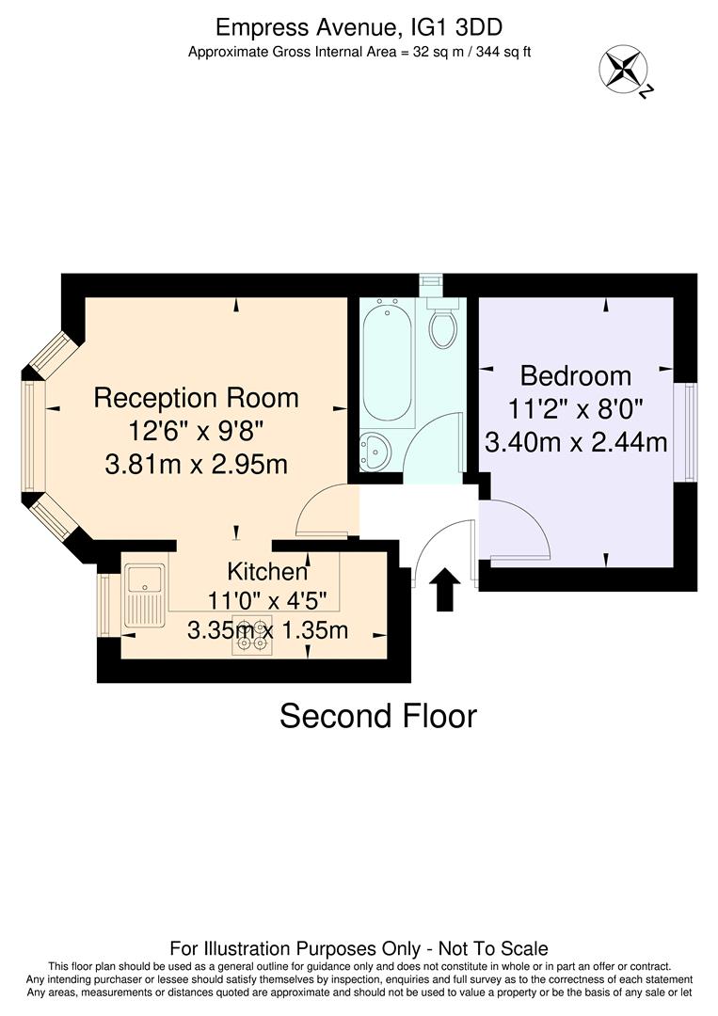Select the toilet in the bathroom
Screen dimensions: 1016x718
[442, 325]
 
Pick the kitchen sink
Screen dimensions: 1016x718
[145, 595]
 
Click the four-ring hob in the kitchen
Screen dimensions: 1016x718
[252, 637]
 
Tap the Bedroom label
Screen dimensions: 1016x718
[576, 376]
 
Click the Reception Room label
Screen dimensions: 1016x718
[196, 398]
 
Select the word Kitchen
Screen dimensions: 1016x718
[267, 571]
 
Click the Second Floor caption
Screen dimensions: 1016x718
[378, 717]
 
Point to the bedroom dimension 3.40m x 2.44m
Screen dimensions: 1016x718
[576, 440]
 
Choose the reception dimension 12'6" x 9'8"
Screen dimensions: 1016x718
[196, 431]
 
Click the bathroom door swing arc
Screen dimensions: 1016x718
[437, 447]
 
